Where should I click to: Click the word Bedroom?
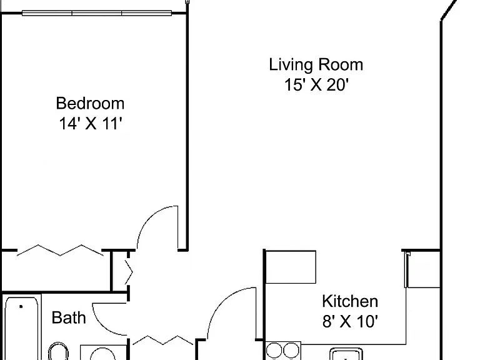[x=90, y=104]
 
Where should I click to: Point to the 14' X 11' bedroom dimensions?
[x=91, y=124]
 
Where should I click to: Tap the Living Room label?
[x=316, y=64]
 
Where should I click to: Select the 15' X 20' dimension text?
[x=316, y=85]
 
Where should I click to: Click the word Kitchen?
[x=350, y=301]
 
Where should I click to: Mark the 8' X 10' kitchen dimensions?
[x=350, y=321]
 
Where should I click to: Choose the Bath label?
[x=69, y=317]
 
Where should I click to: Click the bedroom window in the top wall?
[x=97, y=13]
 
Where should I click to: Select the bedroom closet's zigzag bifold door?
[x=60, y=251]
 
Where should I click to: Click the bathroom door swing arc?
[x=102, y=325]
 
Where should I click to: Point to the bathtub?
[x=21, y=328]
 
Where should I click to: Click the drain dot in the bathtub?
[x=21, y=306]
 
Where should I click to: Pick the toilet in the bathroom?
[x=58, y=351]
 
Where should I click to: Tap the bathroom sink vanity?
[x=103, y=352]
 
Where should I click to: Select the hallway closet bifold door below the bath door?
[x=163, y=340]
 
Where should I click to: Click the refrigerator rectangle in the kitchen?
[x=291, y=267]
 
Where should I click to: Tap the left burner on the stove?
[x=274, y=350]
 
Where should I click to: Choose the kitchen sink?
[x=346, y=354]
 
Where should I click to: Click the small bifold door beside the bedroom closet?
[x=129, y=272]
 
